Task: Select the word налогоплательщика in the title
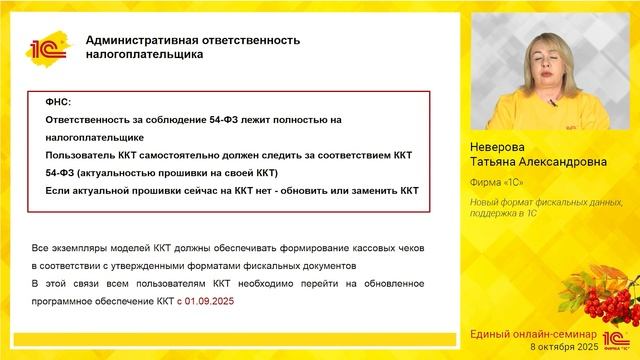144,55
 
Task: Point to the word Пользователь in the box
85,155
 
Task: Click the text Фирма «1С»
497,183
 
